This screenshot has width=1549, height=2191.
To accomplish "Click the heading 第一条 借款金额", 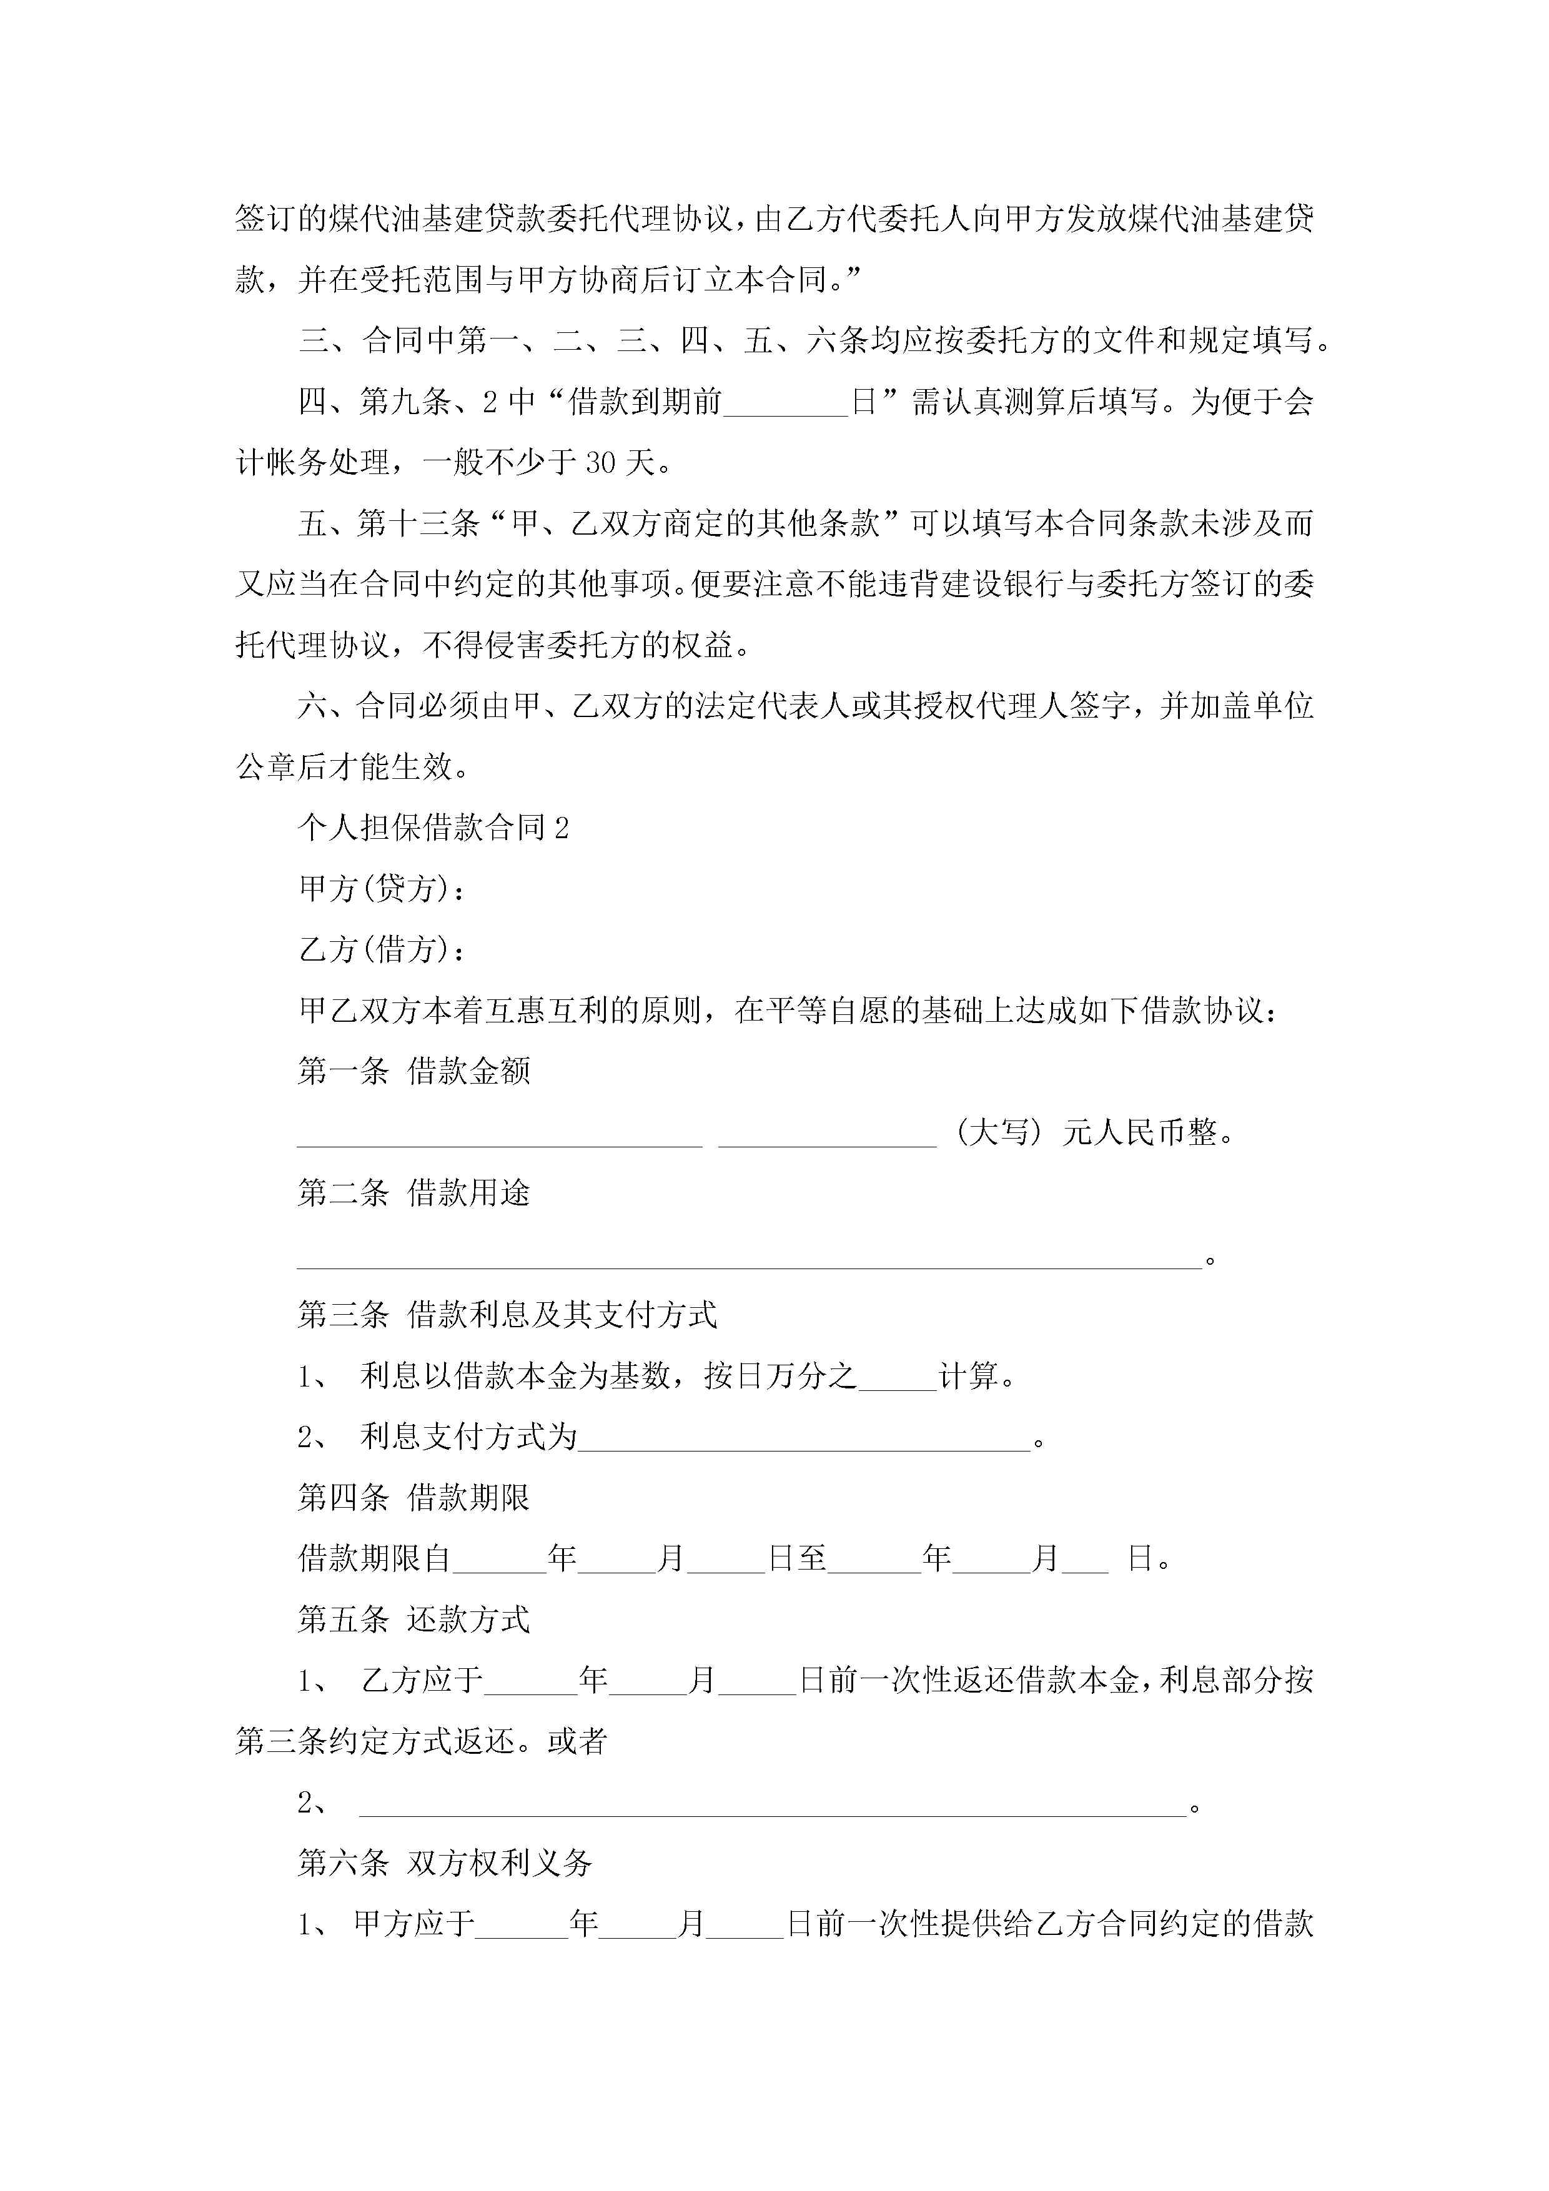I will [x=413, y=1072].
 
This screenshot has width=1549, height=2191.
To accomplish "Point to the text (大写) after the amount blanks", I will [x=997, y=1133].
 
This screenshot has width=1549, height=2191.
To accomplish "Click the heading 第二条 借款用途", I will [x=413, y=1193].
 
